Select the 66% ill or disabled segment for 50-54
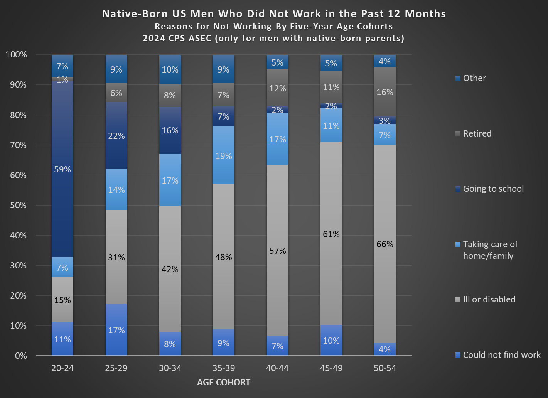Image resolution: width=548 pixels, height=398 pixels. [385, 244]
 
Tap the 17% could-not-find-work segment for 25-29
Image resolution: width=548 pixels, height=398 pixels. [116, 330]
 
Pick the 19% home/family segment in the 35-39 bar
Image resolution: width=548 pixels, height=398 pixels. [224, 155]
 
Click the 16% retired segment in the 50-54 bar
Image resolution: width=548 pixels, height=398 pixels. [385, 92]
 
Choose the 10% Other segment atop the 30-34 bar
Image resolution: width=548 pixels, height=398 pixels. [170, 69]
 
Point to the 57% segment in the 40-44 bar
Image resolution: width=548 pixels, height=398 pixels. [277, 251]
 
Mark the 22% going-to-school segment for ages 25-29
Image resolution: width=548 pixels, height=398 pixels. [116, 135]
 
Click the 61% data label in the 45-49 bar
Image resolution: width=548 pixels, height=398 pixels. [331, 234]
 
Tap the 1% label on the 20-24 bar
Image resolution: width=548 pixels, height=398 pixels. [62, 79]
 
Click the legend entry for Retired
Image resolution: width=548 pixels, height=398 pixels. [477, 133]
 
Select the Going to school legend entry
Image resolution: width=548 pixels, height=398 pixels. [493, 189]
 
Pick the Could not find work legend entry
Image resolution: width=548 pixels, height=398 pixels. [502, 355]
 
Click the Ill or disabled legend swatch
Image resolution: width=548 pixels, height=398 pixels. [458, 300]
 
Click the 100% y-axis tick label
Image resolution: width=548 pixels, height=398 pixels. [16, 55]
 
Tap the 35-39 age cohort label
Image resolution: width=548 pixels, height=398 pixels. [224, 368]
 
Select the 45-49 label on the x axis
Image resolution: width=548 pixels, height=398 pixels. [331, 368]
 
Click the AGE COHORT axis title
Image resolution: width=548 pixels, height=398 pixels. [224, 382]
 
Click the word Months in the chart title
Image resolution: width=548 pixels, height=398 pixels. [425, 14]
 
